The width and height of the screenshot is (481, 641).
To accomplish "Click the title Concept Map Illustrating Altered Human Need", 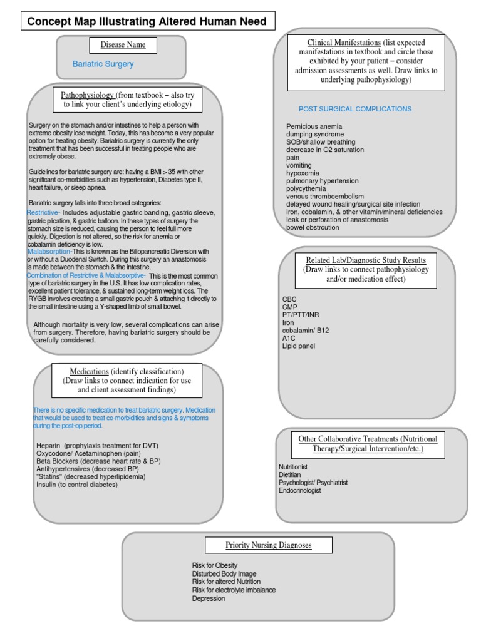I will (147, 22).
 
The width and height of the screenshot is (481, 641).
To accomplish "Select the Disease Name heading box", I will (123, 45).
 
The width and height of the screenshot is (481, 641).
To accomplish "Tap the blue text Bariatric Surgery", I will (103, 64).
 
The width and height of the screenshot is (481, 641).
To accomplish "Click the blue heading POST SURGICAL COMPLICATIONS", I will (355, 109).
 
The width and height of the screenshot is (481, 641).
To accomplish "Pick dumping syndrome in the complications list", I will (315, 135).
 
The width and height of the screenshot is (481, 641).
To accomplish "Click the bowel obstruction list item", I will (313, 228).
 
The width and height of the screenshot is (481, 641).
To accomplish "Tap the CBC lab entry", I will (289, 299).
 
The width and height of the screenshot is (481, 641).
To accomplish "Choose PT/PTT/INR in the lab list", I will (301, 315).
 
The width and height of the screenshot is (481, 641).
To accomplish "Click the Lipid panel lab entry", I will (299, 346).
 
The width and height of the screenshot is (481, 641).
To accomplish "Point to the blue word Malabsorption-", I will (50, 252).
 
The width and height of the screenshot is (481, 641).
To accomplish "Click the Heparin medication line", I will (97, 446).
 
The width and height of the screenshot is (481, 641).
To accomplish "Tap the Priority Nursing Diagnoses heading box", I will (269, 545).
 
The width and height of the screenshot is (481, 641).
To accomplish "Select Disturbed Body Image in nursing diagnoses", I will (224, 574).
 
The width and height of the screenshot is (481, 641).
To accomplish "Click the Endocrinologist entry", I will (299, 491).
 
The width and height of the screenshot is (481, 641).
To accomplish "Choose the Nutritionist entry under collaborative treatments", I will (293, 468).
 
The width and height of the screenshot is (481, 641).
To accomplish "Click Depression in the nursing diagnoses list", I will (209, 598).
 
